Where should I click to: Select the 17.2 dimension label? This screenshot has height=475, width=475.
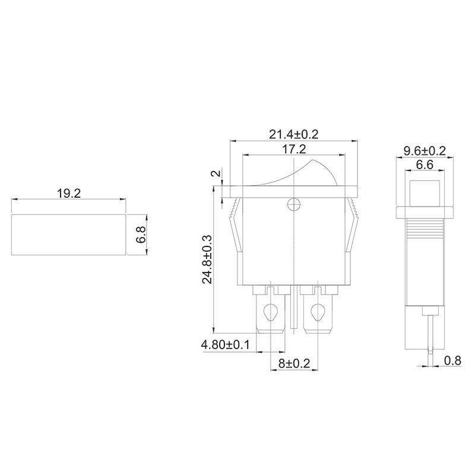(294, 149)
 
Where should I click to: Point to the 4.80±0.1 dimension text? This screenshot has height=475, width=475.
(226, 344)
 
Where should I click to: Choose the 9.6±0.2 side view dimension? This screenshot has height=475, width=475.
(425, 151)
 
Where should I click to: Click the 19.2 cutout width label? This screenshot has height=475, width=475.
(69, 194)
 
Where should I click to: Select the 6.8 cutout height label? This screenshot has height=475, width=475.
(141, 235)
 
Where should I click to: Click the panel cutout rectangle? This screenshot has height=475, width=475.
(68, 235)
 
